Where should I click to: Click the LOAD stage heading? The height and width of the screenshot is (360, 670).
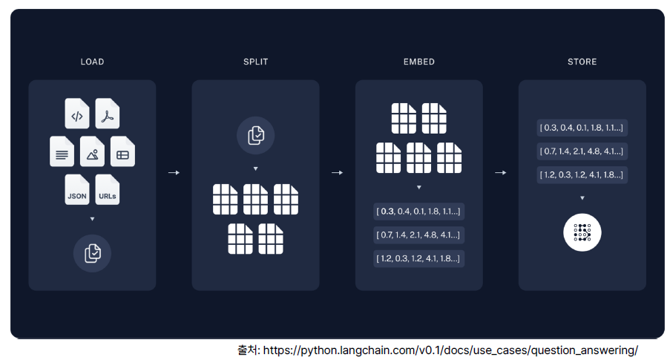coord(92,62)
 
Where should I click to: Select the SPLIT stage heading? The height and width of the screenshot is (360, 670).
coord(255,62)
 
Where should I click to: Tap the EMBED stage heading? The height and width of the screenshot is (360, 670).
coord(418,62)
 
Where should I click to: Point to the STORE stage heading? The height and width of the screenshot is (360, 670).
coord(582,62)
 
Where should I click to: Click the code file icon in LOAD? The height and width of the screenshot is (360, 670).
coord(77,114)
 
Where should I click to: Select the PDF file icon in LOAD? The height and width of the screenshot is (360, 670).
coord(108,114)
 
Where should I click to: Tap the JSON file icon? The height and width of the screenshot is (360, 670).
coord(77,190)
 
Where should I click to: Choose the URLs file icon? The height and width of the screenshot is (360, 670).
coord(108,190)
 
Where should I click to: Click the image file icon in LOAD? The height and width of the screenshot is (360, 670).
coord(92,152)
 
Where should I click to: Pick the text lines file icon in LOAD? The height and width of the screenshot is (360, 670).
coord(62,152)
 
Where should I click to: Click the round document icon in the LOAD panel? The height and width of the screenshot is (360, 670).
coord(92,253)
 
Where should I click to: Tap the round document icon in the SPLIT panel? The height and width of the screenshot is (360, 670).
coord(255,135)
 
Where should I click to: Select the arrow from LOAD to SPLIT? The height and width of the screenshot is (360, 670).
coord(174,172)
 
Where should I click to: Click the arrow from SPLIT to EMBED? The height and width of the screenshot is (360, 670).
coord(337,172)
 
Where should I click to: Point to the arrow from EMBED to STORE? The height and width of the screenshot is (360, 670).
coord(500,172)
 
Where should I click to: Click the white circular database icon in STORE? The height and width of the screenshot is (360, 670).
coord(582,233)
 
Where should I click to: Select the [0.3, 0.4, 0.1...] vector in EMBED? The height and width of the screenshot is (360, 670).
coord(418,212)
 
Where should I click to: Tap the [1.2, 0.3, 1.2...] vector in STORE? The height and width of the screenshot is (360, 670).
coord(582,175)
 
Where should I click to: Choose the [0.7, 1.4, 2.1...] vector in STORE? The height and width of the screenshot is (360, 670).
coord(582,151)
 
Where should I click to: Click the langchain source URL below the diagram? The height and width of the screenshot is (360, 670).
coord(450,350)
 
